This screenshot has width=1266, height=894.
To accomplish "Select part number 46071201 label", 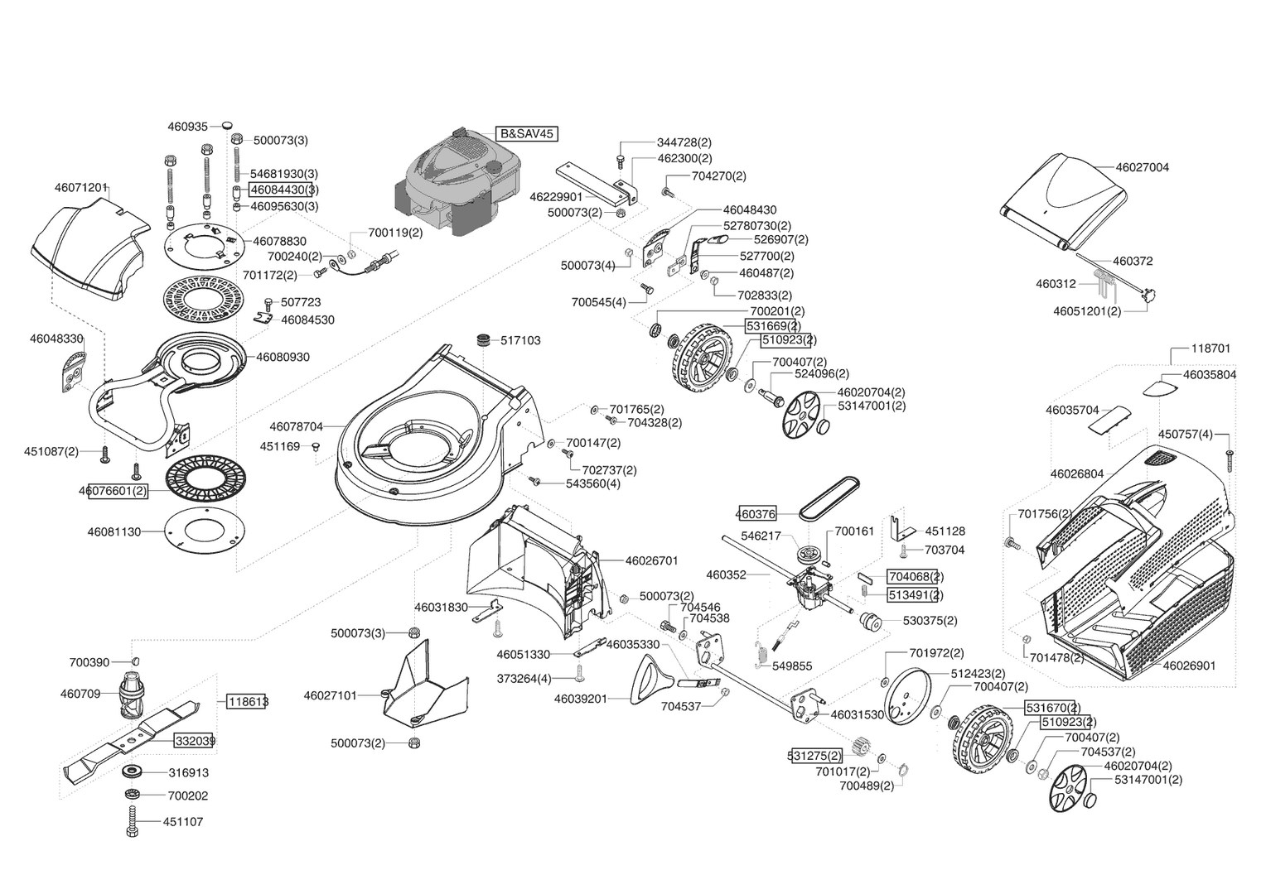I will (x=81, y=188).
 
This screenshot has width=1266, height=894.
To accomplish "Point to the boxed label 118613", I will (x=247, y=701).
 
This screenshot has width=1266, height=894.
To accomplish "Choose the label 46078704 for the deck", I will (x=296, y=427).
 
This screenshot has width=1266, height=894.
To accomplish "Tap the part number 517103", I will (x=520, y=340).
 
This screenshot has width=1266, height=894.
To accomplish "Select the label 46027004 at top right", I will (x=1143, y=167).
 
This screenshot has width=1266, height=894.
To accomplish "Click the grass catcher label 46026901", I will (x=1189, y=665).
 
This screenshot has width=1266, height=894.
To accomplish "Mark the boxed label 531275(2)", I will (x=814, y=756).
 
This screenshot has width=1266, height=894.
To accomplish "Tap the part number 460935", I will (x=187, y=127).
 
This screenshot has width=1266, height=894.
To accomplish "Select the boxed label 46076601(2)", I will (x=114, y=491).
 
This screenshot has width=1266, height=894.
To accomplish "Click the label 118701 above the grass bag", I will (x=1210, y=348).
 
